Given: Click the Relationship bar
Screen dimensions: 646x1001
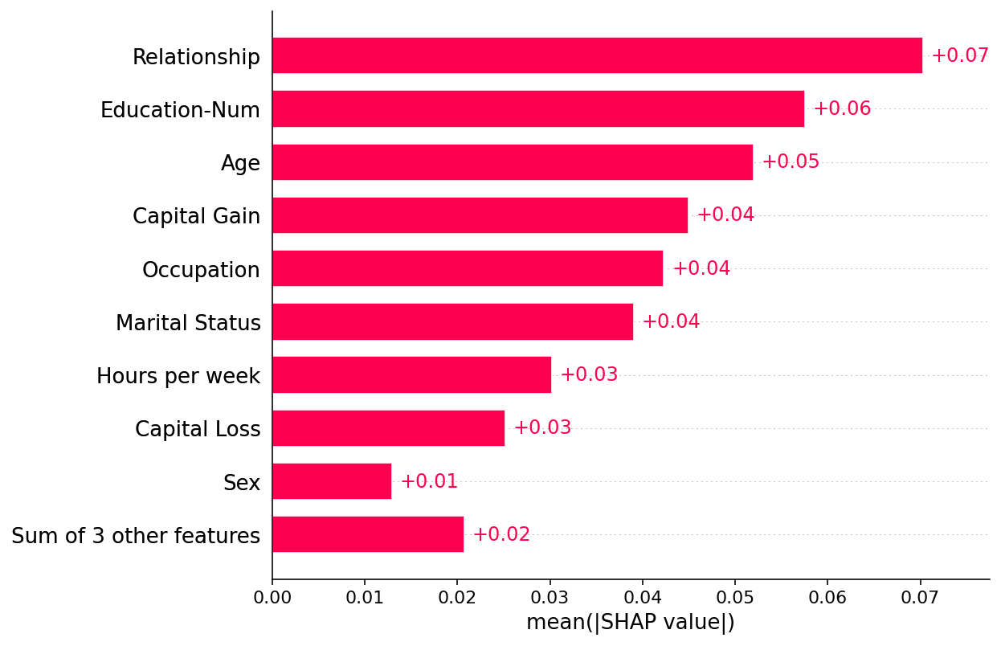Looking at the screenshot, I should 597,55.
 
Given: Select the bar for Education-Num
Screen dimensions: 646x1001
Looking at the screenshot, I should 538,108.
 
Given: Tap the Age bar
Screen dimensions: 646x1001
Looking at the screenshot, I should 513,162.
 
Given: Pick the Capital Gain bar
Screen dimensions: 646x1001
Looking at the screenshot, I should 480,215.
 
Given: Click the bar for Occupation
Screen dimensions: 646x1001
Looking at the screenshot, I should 468,268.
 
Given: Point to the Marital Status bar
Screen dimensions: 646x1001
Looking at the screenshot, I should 452,321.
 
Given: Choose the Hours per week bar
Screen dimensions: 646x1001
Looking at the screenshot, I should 411,374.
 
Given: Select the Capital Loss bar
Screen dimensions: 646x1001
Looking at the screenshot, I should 388,428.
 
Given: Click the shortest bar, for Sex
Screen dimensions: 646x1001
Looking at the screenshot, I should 332,481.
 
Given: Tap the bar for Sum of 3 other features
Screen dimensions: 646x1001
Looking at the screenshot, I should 368,534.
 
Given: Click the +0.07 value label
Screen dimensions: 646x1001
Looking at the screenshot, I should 960,55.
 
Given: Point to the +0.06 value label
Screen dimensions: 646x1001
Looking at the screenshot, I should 842,108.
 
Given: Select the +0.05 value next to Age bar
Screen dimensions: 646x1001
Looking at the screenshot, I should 791,162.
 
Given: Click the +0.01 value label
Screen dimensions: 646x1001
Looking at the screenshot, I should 429,481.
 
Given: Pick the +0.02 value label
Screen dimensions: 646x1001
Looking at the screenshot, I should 501,534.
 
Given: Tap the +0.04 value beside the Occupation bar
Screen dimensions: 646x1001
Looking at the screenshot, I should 701,268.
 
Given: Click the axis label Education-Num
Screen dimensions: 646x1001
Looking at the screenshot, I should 180,110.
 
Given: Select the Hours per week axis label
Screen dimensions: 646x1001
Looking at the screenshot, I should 178,376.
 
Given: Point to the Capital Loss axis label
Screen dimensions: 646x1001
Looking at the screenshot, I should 198,429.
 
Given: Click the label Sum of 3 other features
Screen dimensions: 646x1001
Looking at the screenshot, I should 136,536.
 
